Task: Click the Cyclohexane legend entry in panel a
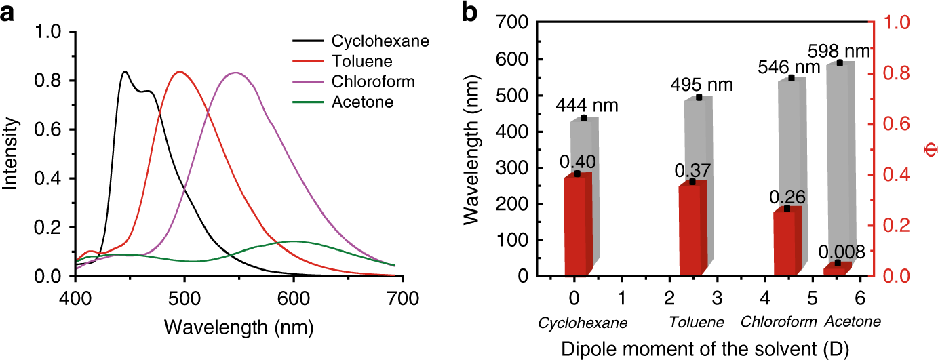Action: tap(379, 41)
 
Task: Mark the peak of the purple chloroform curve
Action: tap(235, 73)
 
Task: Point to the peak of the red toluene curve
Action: tap(179, 72)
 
